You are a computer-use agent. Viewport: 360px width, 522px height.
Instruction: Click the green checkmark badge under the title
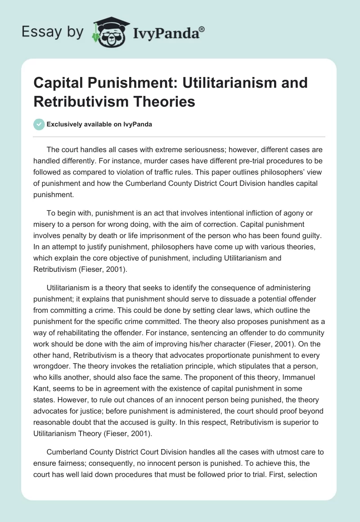point(39,124)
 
